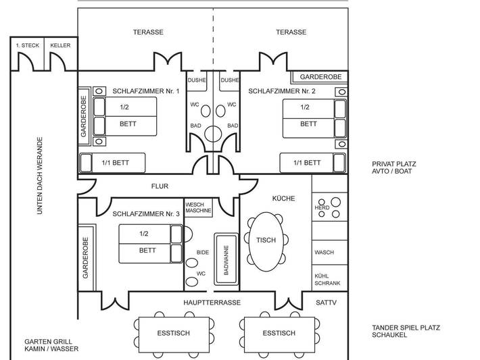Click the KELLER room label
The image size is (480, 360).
tap(60, 45)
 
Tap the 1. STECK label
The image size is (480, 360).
tap(27, 45)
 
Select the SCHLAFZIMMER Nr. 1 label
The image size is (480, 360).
tap(146, 91)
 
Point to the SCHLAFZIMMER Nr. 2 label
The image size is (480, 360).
tap(282, 91)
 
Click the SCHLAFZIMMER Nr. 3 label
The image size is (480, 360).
tap(146, 213)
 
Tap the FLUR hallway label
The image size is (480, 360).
tap(160, 186)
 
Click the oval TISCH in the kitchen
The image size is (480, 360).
tap(266, 240)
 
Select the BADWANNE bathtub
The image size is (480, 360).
tap(226, 257)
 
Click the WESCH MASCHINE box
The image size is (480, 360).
tap(199, 207)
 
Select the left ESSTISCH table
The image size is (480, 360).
tap(173, 333)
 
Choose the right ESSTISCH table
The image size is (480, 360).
tap(279, 333)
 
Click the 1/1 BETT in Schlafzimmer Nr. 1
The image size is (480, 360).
tap(114, 163)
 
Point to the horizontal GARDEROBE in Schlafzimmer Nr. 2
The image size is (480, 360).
tap(320, 77)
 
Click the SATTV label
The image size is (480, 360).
tap(326, 303)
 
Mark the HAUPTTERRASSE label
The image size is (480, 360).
tap(212, 303)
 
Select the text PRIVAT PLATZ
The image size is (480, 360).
tap(393, 163)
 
